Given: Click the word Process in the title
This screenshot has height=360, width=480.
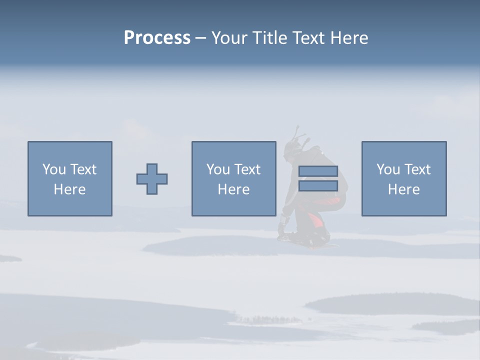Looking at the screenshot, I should [157, 38].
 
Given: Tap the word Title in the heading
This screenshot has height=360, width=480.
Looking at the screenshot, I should [270, 38].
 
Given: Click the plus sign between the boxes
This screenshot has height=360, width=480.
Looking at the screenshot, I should [152, 179].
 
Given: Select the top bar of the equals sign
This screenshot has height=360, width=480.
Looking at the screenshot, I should [318, 171].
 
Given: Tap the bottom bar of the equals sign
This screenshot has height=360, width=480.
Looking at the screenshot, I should [318, 186].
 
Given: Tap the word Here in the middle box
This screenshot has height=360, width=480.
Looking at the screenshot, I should [233, 189].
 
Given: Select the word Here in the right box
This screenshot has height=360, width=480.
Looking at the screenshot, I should [404, 189].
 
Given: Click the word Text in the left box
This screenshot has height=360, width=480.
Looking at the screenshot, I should [83, 169].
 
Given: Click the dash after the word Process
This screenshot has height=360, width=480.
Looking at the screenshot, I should [201, 38].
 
